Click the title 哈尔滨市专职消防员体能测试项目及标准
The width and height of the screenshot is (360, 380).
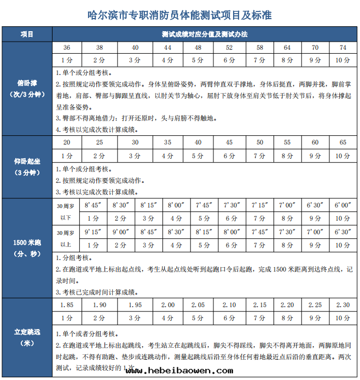tap(179, 15)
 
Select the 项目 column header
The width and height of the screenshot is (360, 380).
tap(27, 34)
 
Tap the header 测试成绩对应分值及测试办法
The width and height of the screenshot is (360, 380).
tap(205, 34)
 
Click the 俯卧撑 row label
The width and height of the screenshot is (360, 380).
tap(27, 88)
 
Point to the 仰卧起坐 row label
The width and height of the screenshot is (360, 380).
tap(27, 166)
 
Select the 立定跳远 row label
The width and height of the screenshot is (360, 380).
tap(27, 337)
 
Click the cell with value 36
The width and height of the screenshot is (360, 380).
tap(66, 48)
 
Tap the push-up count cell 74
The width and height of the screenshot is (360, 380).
tap(343, 48)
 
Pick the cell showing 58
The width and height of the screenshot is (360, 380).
tap(260, 48)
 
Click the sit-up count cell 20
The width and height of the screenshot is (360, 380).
tap(66, 142)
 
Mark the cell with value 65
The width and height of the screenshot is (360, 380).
tap(343, 142)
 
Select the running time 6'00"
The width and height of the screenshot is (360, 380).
tap(343, 205)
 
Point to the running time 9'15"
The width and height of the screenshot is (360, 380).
tap(94, 232)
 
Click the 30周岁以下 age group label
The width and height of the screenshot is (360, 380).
tap(64, 211)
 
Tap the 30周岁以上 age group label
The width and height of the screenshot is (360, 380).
tap(64, 238)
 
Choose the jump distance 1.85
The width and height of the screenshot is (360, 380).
tap(66, 304)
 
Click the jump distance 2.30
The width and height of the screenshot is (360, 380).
tap(343, 304)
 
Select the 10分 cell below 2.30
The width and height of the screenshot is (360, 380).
tap(343, 318)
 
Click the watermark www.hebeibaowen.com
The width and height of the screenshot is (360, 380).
tap(179, 371)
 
